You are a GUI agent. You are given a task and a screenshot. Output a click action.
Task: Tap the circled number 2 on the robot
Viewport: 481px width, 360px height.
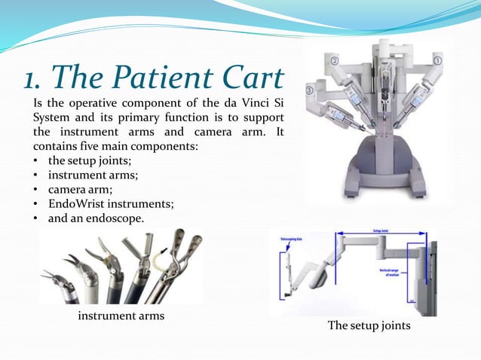[335, 59]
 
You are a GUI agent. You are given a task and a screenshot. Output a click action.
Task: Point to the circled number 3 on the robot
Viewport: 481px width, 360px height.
[310, 90]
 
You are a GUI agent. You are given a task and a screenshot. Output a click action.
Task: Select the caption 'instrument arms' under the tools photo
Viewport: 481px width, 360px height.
[121, 316]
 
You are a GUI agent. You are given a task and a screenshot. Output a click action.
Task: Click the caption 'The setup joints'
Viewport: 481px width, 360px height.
[369, 325]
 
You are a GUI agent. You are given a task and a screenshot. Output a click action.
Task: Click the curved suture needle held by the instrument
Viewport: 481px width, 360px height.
[159, 260]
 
